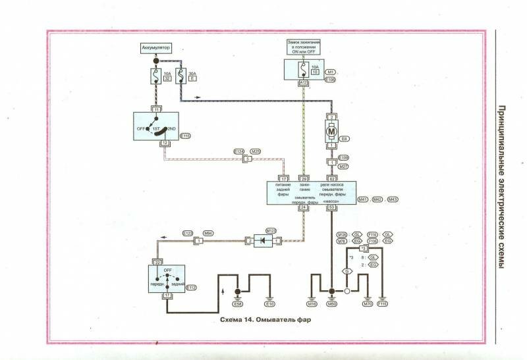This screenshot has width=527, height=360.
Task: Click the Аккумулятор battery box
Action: point(156,48)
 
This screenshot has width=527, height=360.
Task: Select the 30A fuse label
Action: point(192,74)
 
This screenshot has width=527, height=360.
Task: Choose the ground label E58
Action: point(238,305)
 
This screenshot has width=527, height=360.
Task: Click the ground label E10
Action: point(269,305)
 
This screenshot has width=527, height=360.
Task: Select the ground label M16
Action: point(312,305)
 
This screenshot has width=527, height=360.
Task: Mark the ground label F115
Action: point(383,305)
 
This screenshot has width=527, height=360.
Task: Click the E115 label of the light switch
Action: point(184,136)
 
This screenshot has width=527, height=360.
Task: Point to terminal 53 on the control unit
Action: point(332,207)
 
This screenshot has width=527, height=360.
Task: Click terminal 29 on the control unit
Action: point(304,178)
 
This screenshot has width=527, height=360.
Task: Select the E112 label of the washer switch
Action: point(192,288)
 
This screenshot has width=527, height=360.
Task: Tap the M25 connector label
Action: point(256,151)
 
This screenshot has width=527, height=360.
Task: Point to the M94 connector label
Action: point(208,234)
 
